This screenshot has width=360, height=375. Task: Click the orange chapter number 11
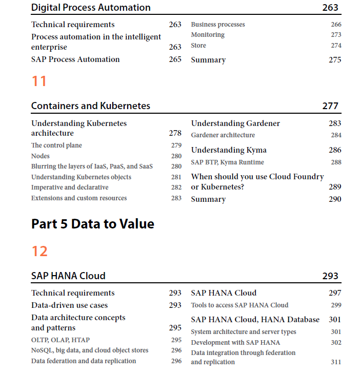tap(39, 81)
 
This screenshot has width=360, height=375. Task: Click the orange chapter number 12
tap(39, 251)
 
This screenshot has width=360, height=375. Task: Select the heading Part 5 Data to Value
tap(93, 224)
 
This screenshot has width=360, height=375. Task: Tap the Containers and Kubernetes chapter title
tap(90, 106)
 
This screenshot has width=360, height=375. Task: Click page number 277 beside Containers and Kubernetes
tap(330, 106)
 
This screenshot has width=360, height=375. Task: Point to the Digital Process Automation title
tap(91, 7)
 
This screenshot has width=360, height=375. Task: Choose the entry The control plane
tap(56, 145)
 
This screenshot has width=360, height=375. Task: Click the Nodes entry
tap(40, 156)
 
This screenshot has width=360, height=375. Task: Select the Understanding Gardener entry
tap(235, 123)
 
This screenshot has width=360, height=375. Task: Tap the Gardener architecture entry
tap(223, 135)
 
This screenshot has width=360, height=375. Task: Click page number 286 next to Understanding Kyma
tap(335, 150)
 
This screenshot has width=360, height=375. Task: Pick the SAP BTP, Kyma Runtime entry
tap(227, 162)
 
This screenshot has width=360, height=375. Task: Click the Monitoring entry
tap(208, 35)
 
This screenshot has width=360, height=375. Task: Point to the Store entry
tap(198, 46)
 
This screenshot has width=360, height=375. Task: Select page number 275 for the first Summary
tap(335, 60)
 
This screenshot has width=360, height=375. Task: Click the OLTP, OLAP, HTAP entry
tap(61, 340)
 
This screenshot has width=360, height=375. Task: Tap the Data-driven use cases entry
tap(69, 305)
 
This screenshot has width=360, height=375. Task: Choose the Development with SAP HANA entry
tap(235, 343)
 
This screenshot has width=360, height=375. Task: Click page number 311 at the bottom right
tap(336, 362)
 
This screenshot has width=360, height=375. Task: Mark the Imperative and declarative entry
tap(70, 187)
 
